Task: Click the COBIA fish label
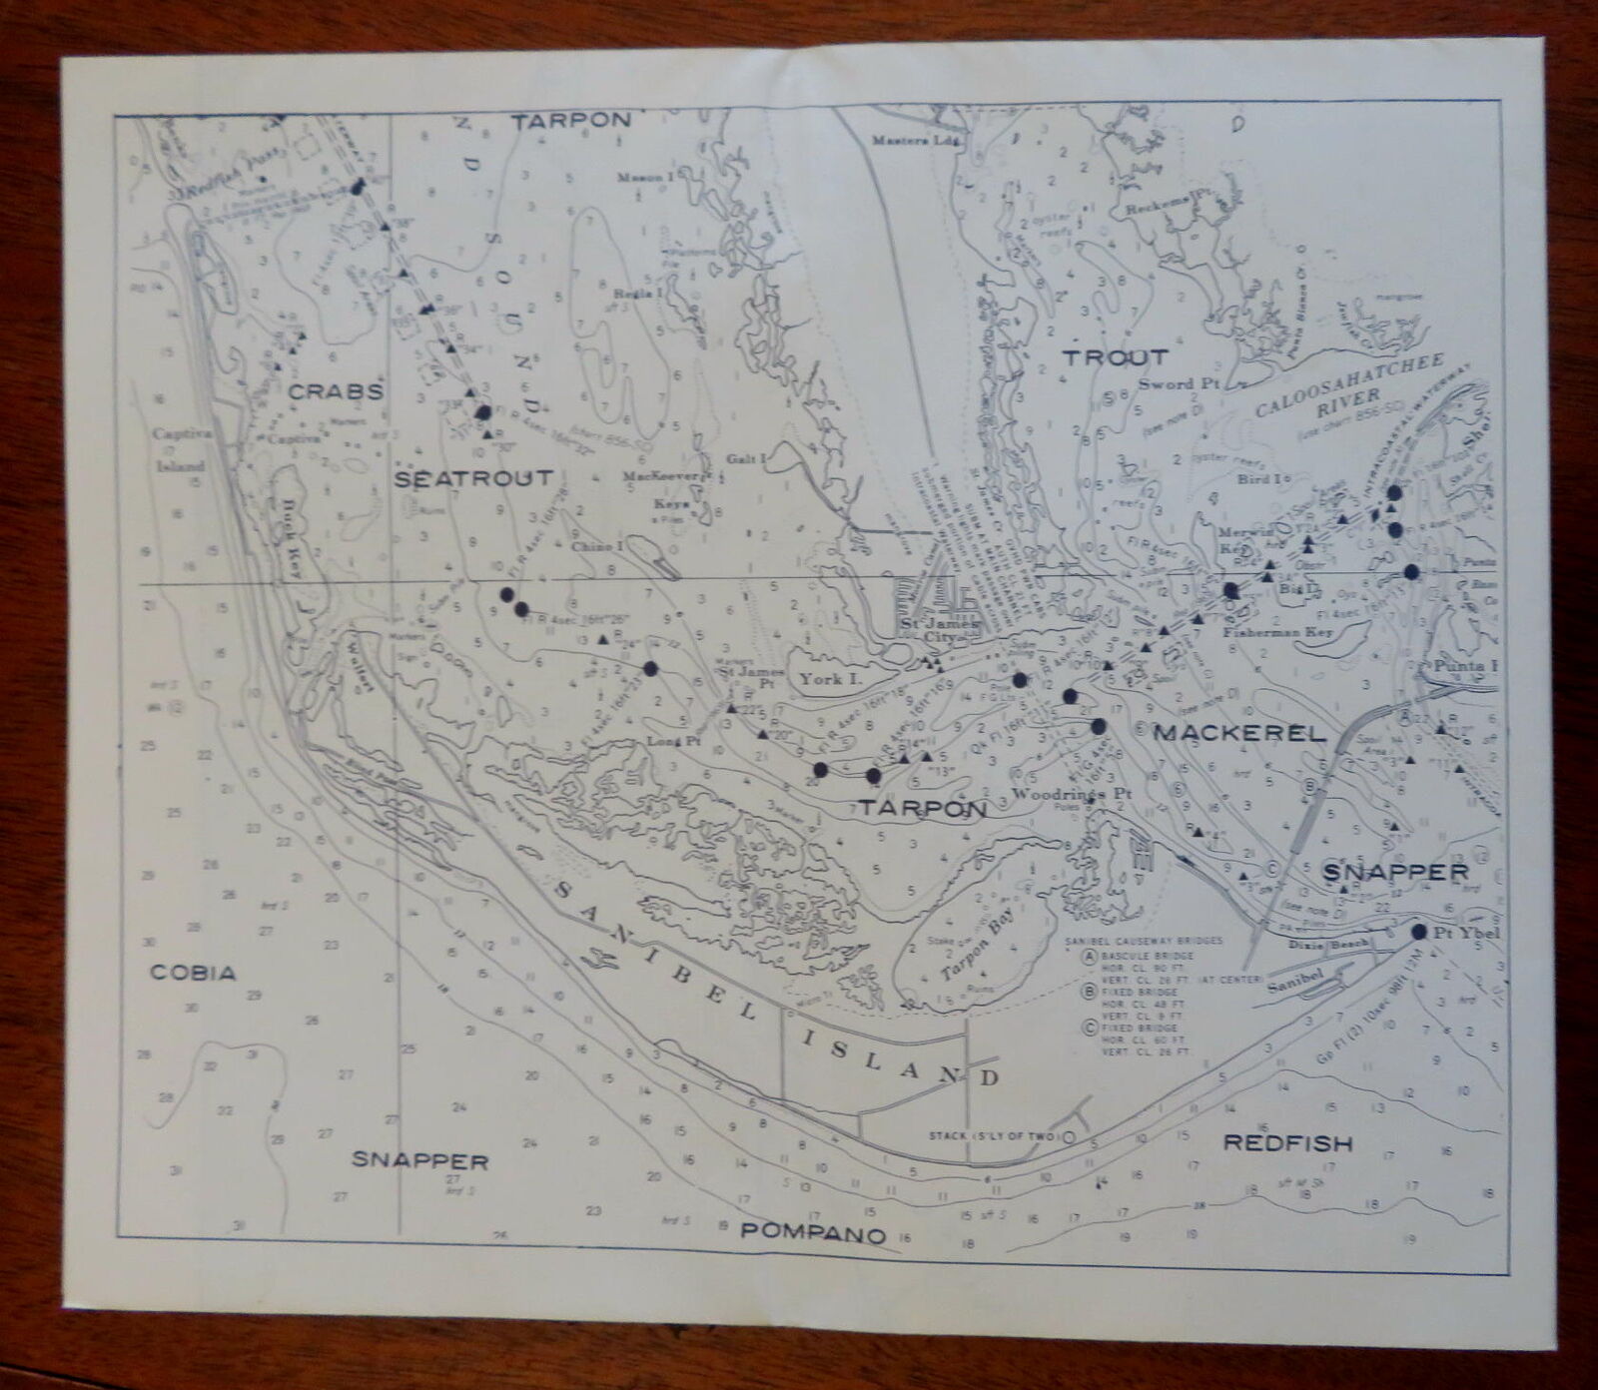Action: click(x=193, y=973)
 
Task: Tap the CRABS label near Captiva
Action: click(x=336, y=391)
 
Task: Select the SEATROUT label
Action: click(x=473, y=478)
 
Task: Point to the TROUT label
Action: click(x=1115, y=357)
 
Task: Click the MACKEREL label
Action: click(x=1239, y=733)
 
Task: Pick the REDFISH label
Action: click(x=1288, y=1143)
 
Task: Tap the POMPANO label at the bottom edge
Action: click(x=813, y=1233)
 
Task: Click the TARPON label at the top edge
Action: click(x=571, y=120)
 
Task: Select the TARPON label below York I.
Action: click(x=921, y=808)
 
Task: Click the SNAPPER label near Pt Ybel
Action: click(x=1395, y=872)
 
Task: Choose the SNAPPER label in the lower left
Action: click(x=419, y=1160)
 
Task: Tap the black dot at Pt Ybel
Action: click(x=1418, y=931)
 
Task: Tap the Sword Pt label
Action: click(x=1181, y=384)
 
